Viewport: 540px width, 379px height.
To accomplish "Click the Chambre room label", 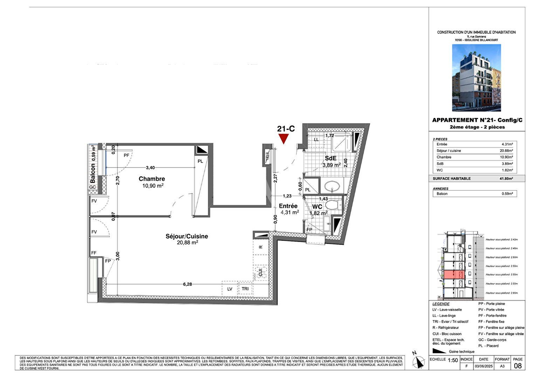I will click(x=152, y=179).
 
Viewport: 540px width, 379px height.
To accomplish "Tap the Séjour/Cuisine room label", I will click(x=187, y=237).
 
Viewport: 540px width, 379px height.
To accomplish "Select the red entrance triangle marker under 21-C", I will click(x=283, y=139).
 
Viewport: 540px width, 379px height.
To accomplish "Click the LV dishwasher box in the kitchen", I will click(x=230, y=289).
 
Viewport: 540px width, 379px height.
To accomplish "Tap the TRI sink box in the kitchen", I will click(x=245, y=289).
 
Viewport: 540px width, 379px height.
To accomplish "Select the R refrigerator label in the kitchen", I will click(x=261, y=247).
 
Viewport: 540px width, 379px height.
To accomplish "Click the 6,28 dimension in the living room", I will click(x=187, y=284).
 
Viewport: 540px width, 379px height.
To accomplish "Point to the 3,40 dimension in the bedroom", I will click(x=150, y=168).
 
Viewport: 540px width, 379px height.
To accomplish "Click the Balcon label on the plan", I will click(x=93, y=173).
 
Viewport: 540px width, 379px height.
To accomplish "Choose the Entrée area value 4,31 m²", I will click(x=290, y=212).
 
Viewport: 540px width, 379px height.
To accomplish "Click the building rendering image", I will click(x=476, y=78).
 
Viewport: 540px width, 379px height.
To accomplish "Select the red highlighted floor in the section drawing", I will click(x=454, y=274).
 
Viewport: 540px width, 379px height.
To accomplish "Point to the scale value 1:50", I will click(x=453, y=360).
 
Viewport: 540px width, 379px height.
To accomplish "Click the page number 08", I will click(x=518, y=366).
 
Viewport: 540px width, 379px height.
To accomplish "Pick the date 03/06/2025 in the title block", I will click(x=484, y=366).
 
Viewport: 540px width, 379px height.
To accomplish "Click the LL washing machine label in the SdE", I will click(x=316, y=140).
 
